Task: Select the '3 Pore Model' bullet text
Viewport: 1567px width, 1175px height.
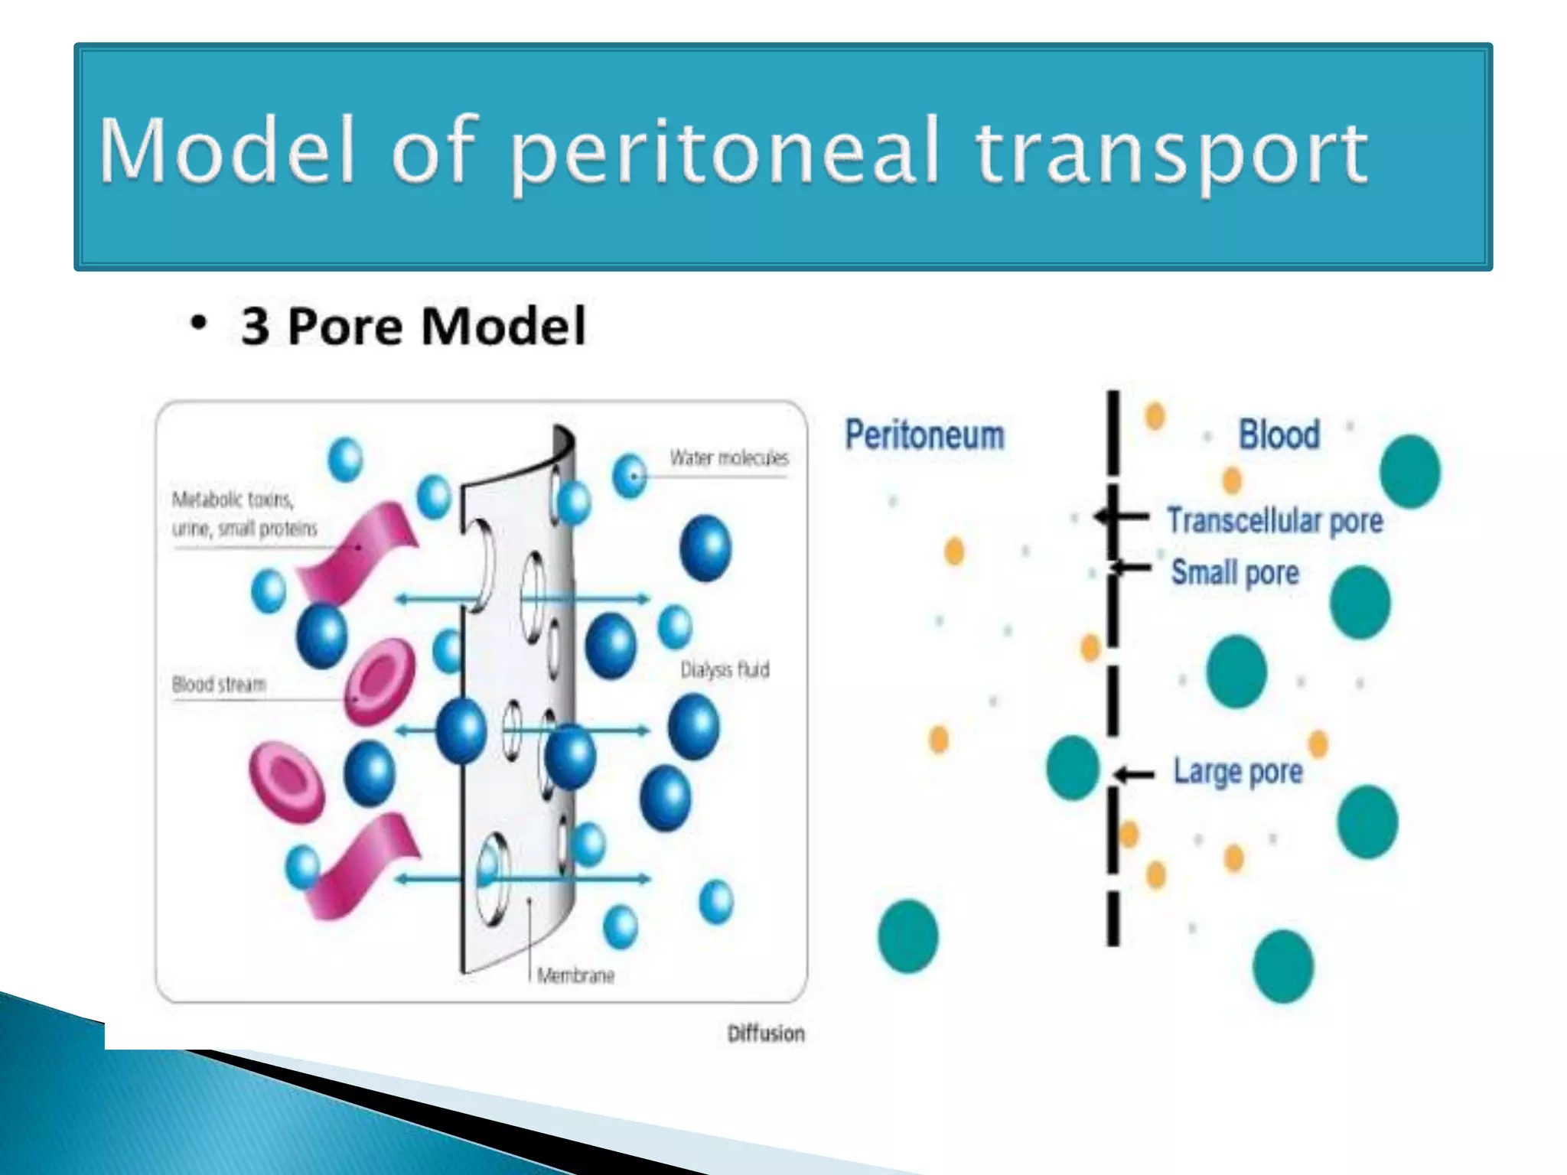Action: (x=413, y=327)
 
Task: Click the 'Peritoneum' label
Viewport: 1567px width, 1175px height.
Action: (x=924, y=435)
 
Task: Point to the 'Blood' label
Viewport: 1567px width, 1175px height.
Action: (x=1279, y=435)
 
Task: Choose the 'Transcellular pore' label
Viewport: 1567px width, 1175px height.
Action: (x=1275, y=521)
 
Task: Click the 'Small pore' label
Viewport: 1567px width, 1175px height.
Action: (x=1235, y=572)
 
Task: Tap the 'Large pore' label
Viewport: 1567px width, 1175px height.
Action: (x=1238, y=771)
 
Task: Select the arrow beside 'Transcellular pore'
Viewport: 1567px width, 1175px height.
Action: (x=1122, y=518)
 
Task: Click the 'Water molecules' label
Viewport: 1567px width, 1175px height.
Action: (x=728, y=458)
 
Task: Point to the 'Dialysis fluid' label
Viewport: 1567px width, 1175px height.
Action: (x=725, y=670)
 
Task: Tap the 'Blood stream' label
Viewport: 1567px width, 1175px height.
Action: (x=219, y=684)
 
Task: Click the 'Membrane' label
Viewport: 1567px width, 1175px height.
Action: (x=575, y=975)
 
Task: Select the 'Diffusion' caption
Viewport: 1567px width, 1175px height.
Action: (x=766, y=1033)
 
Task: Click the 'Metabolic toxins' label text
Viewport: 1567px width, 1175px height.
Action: (x=233, y=500)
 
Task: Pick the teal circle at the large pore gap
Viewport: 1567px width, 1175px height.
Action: (x=1073, y=767)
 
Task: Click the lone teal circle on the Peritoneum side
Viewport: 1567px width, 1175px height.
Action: (x=908, y=936)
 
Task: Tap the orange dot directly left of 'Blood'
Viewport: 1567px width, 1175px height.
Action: (x=1155, y=416)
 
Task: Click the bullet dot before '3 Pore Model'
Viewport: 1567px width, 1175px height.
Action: (x=198, y=324)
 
